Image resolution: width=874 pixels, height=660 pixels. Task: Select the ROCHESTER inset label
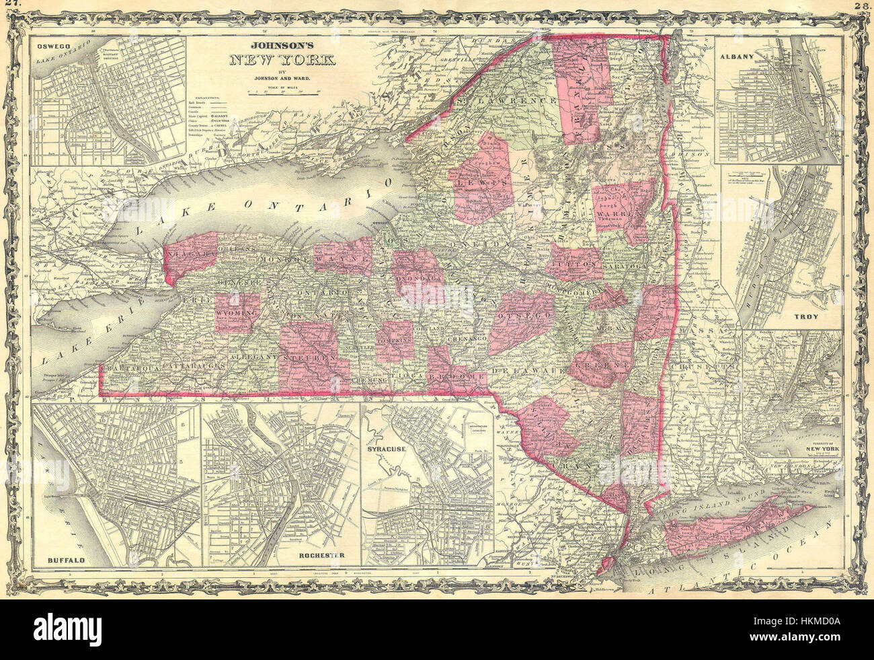tap(319, 556)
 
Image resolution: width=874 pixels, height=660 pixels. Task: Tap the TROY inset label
tap(824, 314)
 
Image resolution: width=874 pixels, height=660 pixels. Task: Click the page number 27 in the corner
tap(10, 5)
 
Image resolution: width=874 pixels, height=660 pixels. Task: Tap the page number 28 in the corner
tap(863, 5)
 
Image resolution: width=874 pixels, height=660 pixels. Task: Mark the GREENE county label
tap(602, 364)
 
